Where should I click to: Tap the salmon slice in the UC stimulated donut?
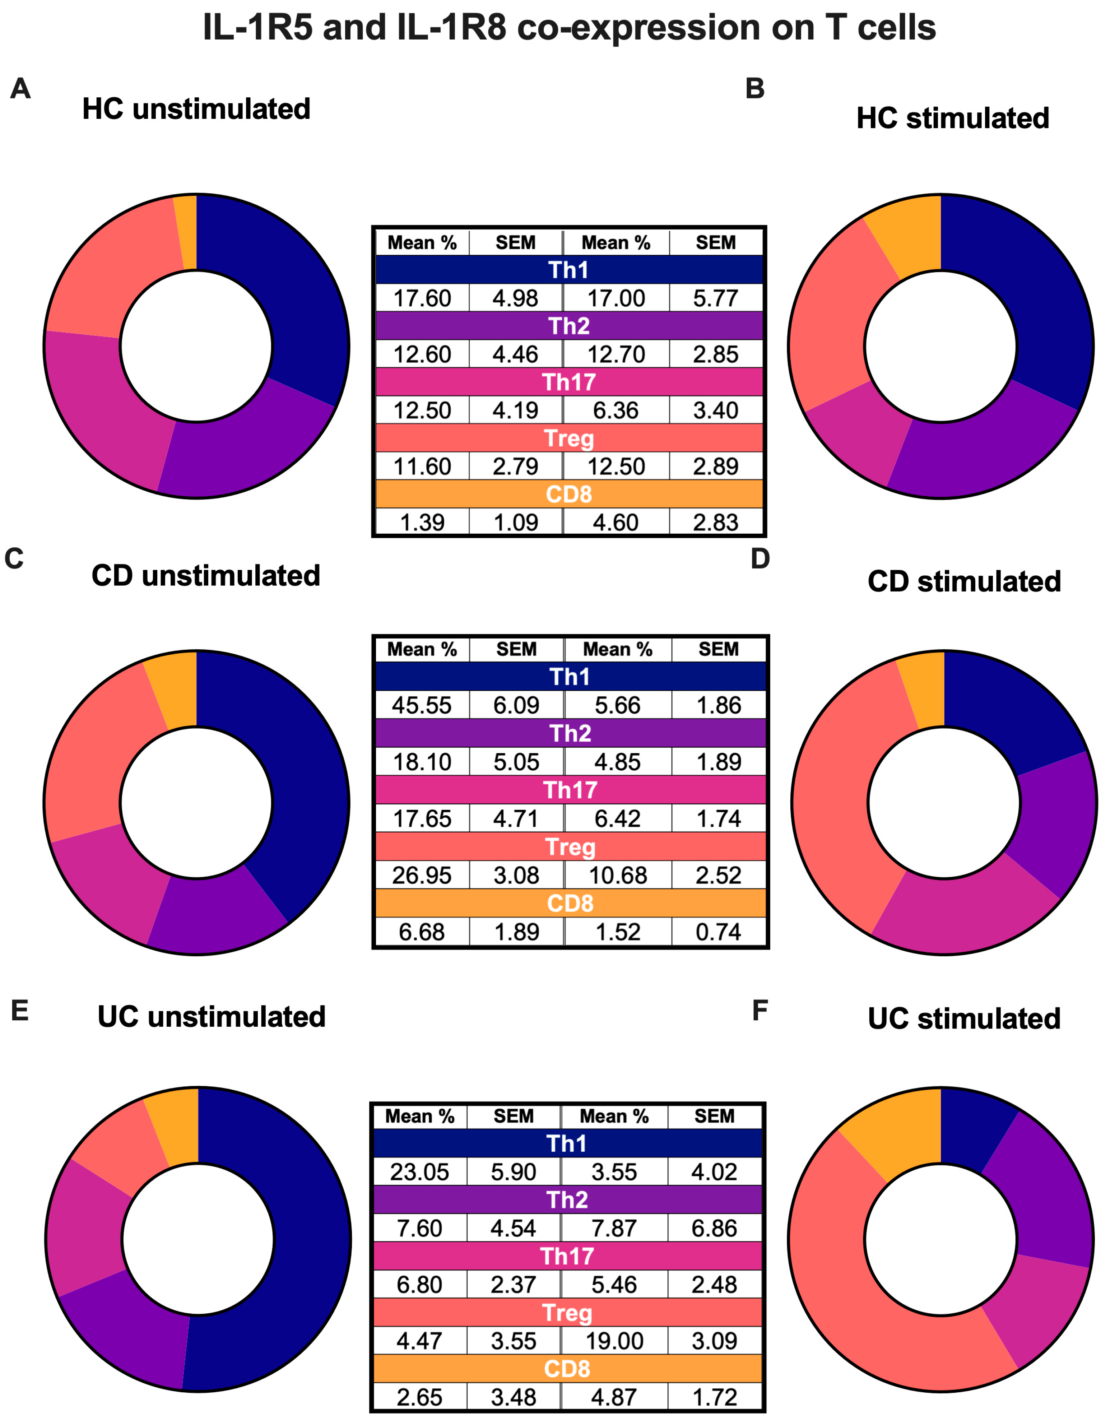point(868,1279)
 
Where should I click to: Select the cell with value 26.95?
point(422,875)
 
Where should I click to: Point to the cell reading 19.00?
point(614,1341)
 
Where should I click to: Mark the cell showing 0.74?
point(719,932)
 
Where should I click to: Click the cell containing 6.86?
point(715,1228)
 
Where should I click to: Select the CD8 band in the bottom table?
point(567,1368)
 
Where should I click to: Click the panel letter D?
point(760,558)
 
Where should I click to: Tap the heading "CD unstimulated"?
point(205,575)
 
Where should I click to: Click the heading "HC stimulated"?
point(953,118)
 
